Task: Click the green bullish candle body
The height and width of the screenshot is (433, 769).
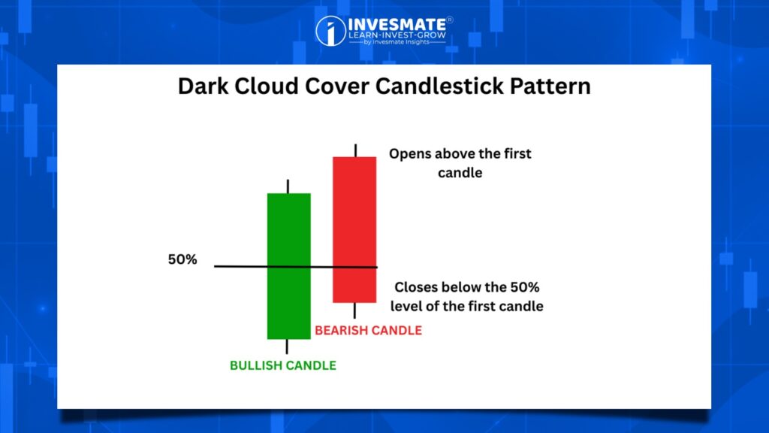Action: point(289,266)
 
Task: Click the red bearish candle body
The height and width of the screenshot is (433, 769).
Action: point(354,230)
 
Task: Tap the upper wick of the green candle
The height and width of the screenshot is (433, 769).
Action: point(288,186)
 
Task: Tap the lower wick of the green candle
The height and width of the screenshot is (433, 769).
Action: point(287,347)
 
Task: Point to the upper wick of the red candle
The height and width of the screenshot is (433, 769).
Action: point(355,150)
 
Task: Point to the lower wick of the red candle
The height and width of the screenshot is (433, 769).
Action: point(354,310)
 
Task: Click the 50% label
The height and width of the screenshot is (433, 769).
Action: point(182,259)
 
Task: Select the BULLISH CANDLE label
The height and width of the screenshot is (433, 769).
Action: point(283,365)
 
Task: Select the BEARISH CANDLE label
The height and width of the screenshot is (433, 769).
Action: point(368,331)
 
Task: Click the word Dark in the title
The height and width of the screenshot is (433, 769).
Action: point(203,86)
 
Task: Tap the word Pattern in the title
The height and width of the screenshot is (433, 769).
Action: point(550,86)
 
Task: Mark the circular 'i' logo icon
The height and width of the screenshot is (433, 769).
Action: point(330,31)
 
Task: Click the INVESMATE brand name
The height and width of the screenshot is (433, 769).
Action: point(397,24)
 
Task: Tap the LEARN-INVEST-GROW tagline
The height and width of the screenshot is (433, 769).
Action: point(397,35)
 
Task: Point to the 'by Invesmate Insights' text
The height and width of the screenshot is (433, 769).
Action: point(397,42)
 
